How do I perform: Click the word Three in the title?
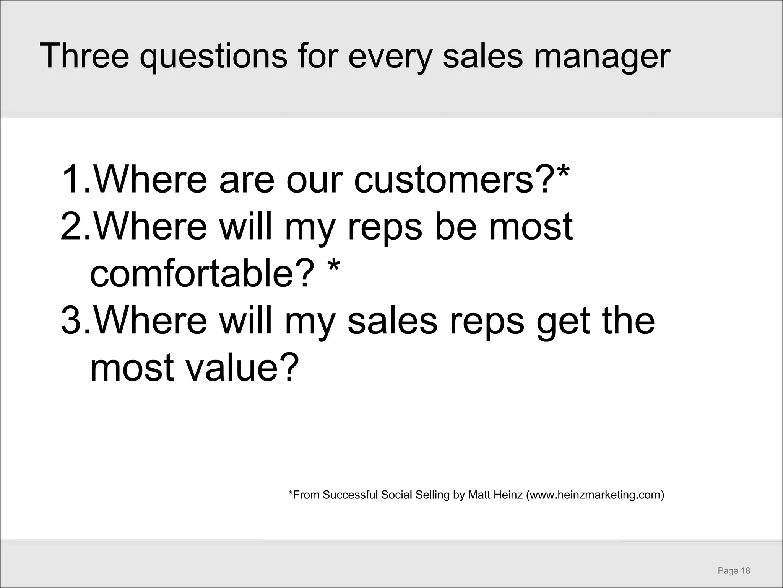(x=84, y=56)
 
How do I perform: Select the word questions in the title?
(x=213, y=57)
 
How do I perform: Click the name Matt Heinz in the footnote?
(x=495, y=495)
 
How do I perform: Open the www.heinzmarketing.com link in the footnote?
(x=595, y=495)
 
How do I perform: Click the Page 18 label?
(x=734, y=571)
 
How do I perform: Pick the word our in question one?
(x=313, y=180)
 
